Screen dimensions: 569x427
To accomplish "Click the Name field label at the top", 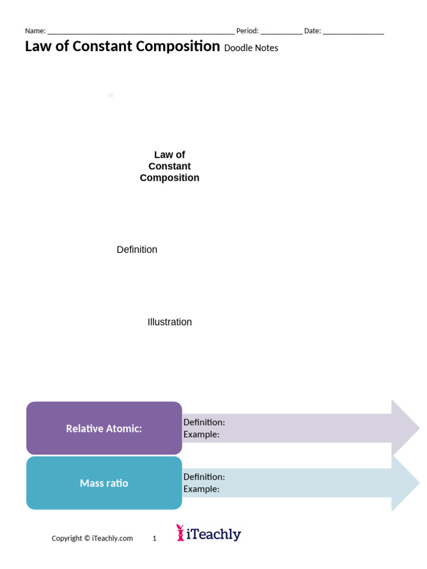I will pyautogui.click(x=35, y=31).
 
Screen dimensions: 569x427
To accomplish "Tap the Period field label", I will pyautogui.click(x=247, y=31).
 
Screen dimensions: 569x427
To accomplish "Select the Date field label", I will pyautogui.click(x=312, y=31).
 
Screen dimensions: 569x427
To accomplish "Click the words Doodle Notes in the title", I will pyautogui.click(x=251, y=48).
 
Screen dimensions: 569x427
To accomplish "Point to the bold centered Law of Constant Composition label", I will pyautogui.click(x=170, y=166).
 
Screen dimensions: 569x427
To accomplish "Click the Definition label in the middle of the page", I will pyautogui.click(x=137, y=250).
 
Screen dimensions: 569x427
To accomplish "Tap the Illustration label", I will pyautogui.click(x=170, y=322).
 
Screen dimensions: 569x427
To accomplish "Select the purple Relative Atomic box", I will pyautogui.click(x=104, y=428).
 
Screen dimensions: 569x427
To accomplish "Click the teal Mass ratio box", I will pyautogui.click(x=104, y=483).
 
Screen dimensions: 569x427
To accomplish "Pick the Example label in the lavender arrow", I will pyautogui.click(x=201, y=435).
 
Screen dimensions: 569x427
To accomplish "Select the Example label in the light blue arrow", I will pyautogui.click(x=201, y=489).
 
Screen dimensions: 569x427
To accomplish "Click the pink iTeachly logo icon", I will pyautogui.click(x=180, y=532).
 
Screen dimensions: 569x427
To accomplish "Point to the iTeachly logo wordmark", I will pyautogui.click(x=213, y=535).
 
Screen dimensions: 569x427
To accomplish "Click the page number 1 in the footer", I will pyautogui.click(x=155, y=538).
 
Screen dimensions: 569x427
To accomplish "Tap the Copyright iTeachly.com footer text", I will pyautogui.click(x=92, y=538).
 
